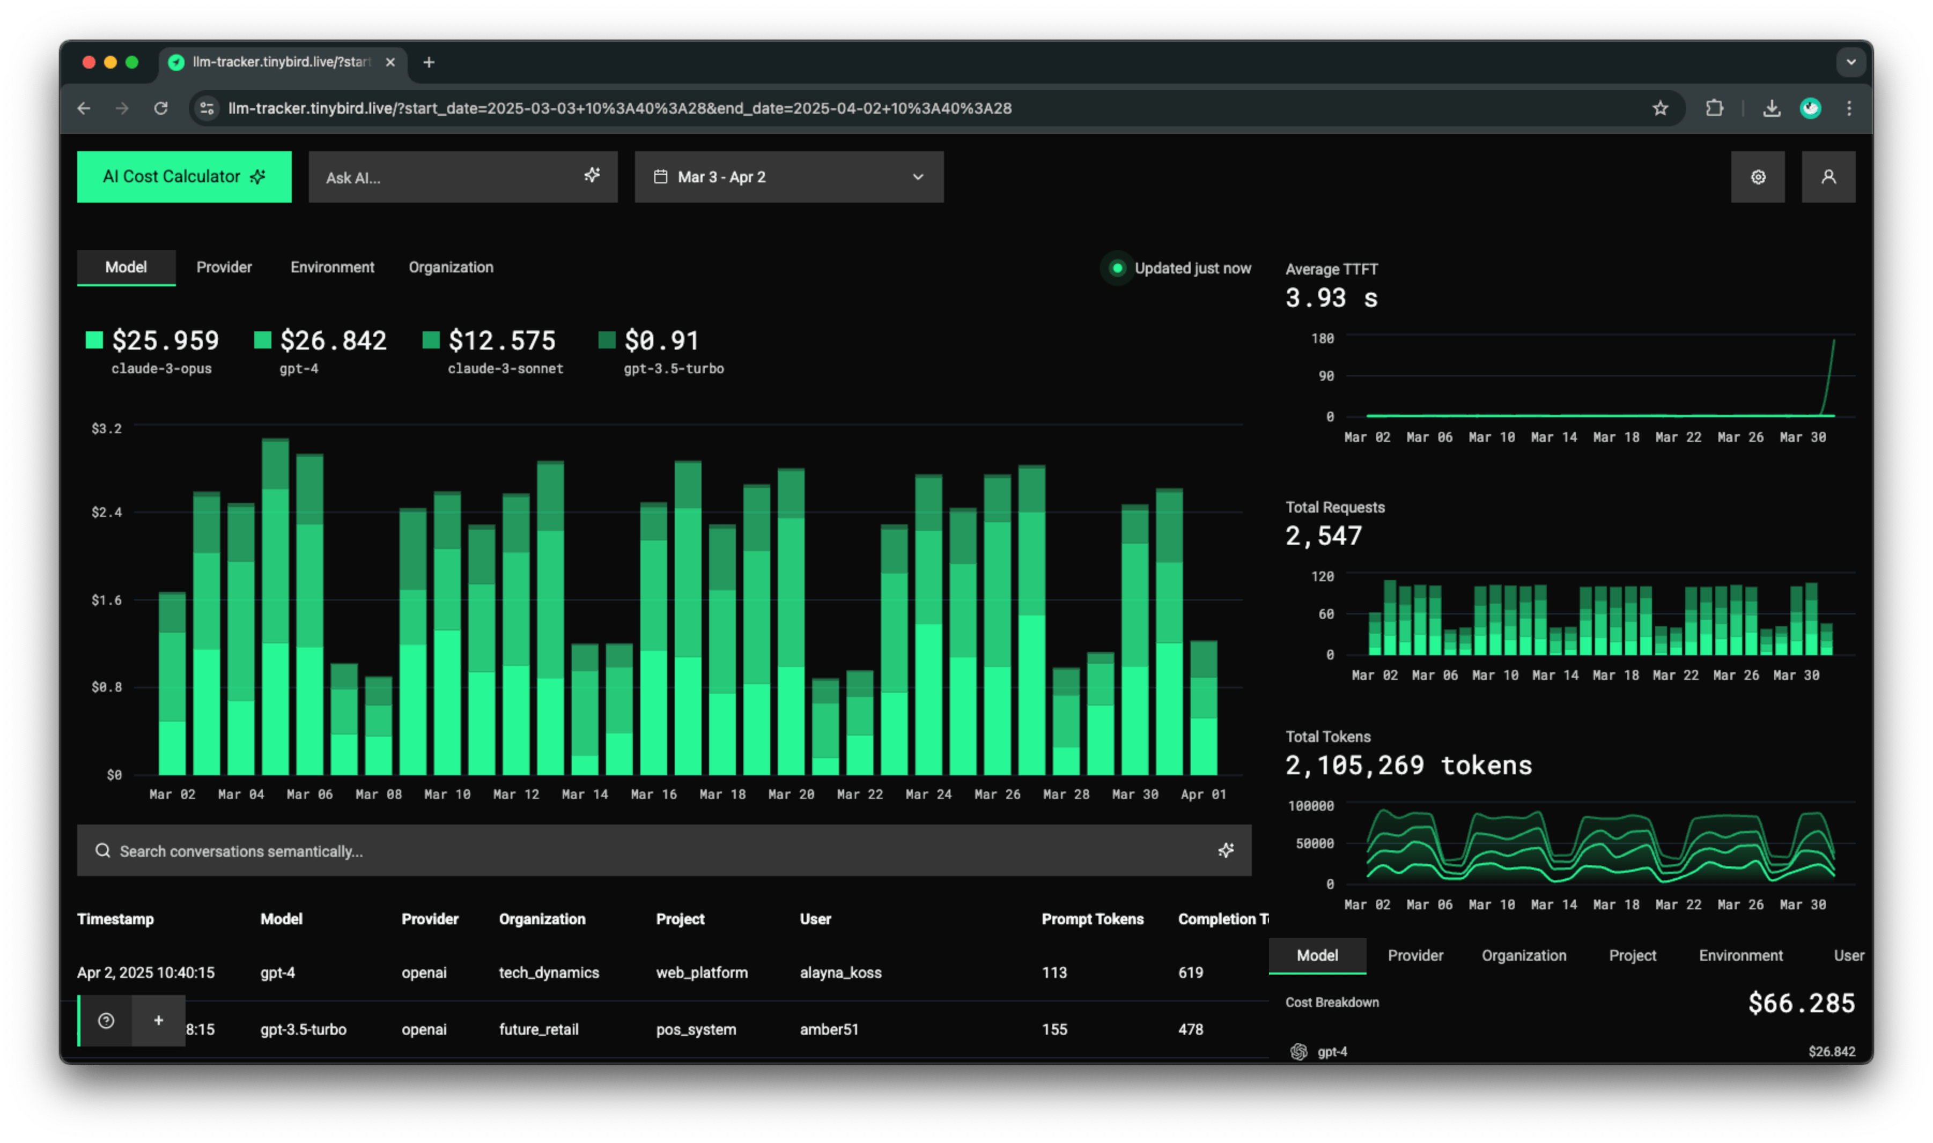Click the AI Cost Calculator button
click(x=184, y=176)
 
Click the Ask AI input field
click(x=451, y=177)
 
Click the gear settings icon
click(x=1757, y=177)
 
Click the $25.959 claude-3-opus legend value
click(x=165, y=340)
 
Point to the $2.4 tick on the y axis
click(x=106, y=512)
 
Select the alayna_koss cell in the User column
click(x=840, y=973)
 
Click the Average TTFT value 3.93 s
click(x=1331, y=298)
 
